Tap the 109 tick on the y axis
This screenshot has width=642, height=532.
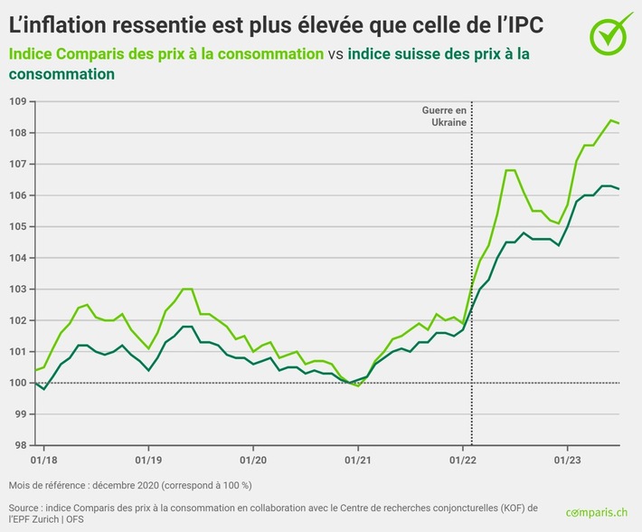point(18,101)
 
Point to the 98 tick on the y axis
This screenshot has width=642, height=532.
point(18,445)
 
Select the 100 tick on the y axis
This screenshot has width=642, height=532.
point(18,383)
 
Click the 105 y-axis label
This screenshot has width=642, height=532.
point(18,226)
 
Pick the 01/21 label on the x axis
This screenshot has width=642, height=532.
point(358,459)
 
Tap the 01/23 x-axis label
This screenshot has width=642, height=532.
point(567,459)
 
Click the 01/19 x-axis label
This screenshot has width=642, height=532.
point(148,459)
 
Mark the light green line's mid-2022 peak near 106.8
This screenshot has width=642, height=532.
point(510,170)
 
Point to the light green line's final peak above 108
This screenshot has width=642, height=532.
point(611,119)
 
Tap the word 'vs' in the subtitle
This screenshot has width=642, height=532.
point(335,54)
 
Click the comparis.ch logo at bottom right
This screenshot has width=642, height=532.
point(596,513)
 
